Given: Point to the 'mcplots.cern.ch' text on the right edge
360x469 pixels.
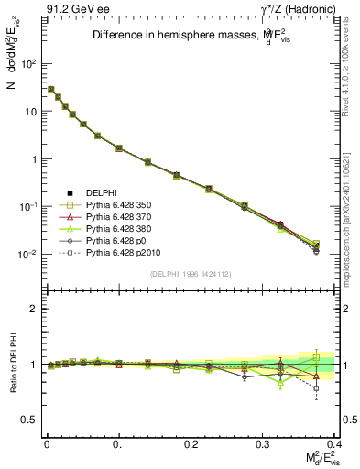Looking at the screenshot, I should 351,234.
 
